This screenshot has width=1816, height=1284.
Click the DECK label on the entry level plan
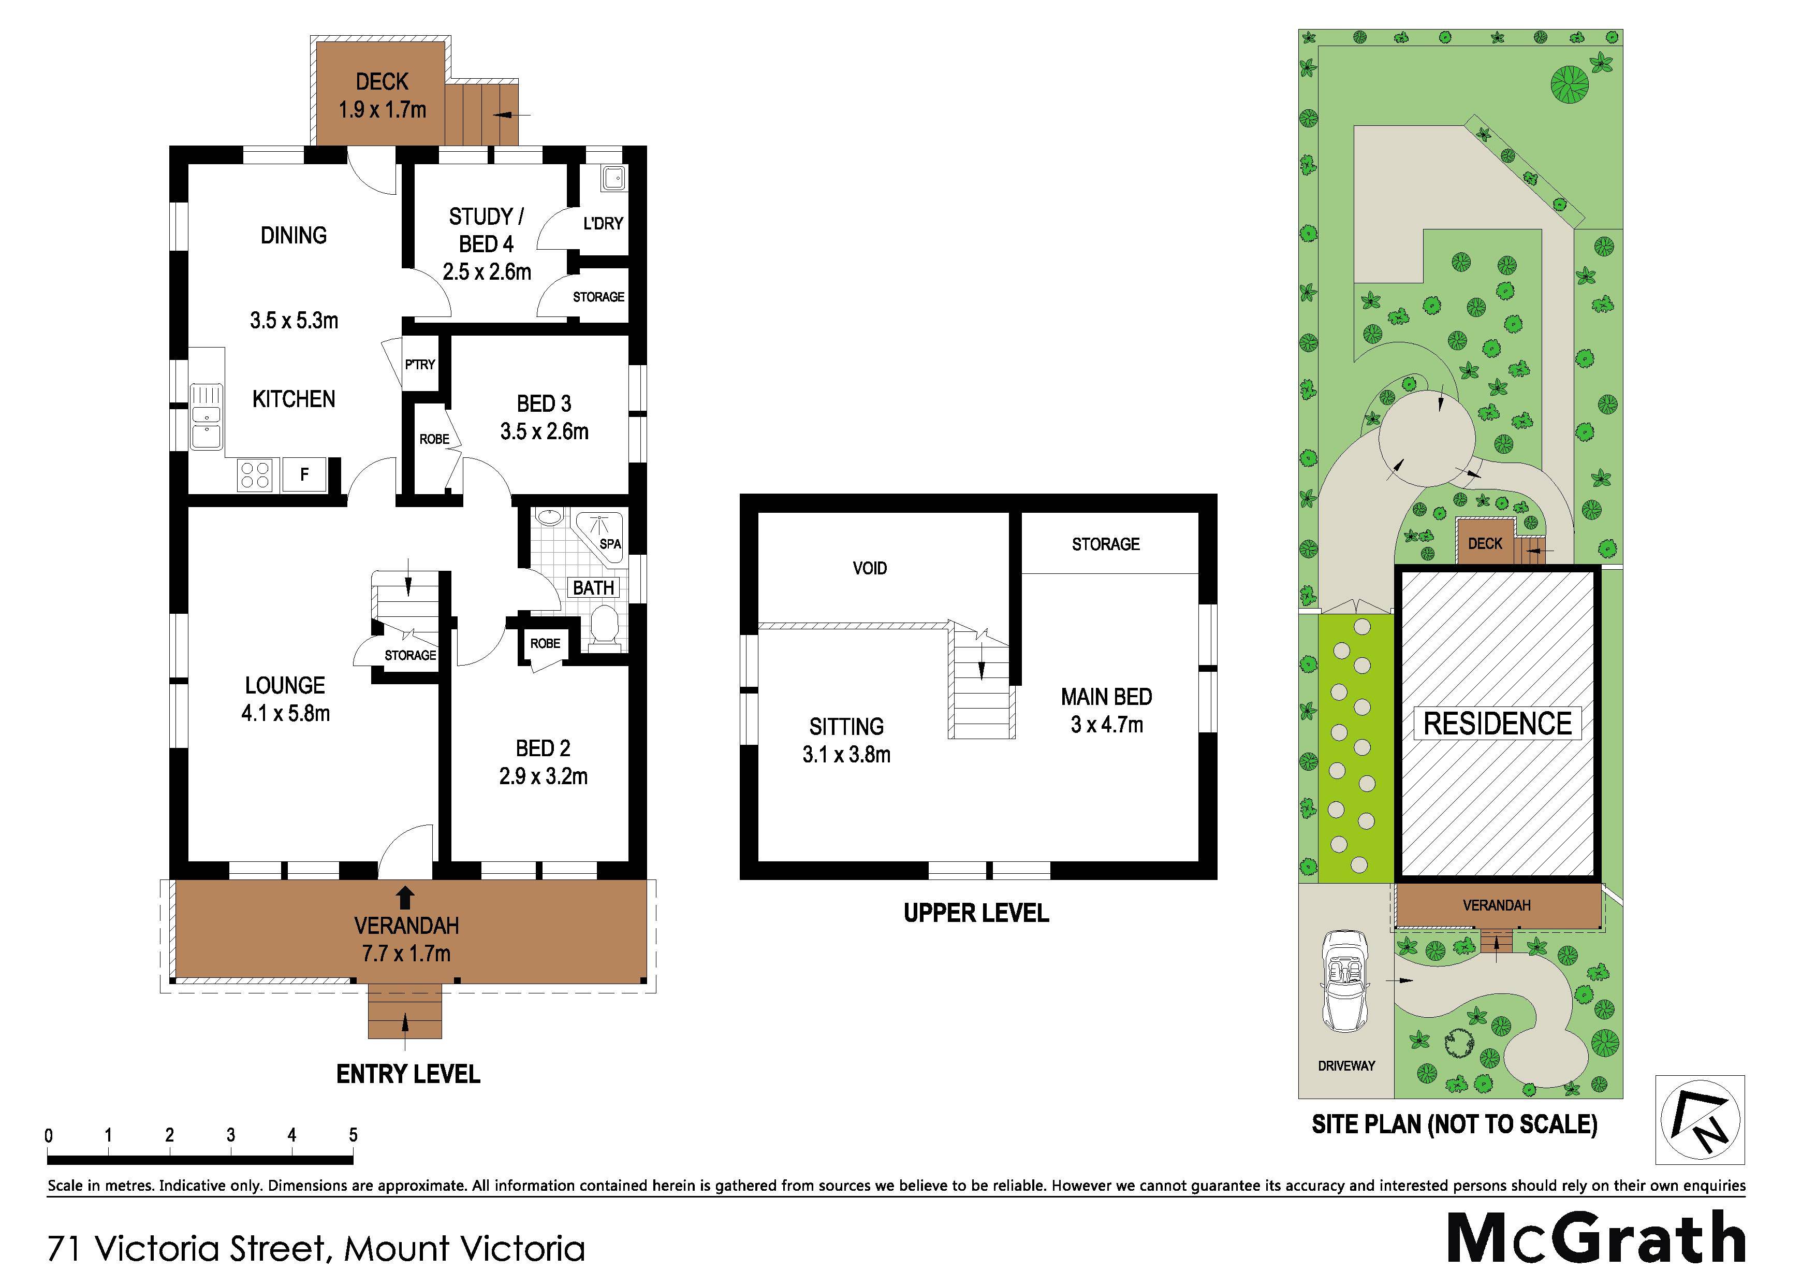pyautogui.click(x=382, y=81)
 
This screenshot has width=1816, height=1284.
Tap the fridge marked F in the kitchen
pyautogui.click(x=304, y=474)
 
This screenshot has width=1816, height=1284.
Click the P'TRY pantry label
pyautogui.click(x=420, y=365)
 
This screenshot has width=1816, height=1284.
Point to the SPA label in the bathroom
pyautogui.click(x=610, y=544)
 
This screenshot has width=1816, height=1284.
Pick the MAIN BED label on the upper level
pyautogui.click(x=1106, y=697)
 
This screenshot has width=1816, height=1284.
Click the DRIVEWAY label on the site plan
pyautogui.click(x=1346, y=1065)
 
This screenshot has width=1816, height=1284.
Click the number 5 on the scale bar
pyautogui.click(x=353, y=1135)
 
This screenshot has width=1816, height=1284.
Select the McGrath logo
pyautogui.click(x=1595, y=1239)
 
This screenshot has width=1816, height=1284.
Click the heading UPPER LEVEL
pyautogui.click(x=976, y=913)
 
